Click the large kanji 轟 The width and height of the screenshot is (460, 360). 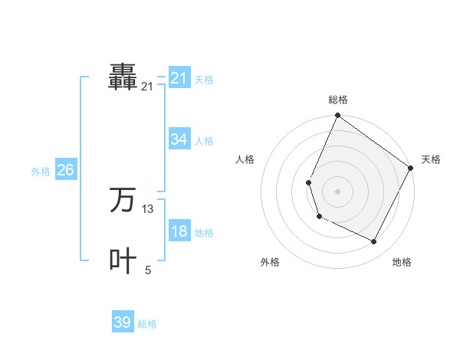[123, 77]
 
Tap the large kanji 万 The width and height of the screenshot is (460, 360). [123, 200]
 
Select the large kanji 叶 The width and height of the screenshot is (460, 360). [123, 260]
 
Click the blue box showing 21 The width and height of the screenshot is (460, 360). [179, 78]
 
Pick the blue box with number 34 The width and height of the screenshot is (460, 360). [179, 139]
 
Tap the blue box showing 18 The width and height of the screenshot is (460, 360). [179, 231]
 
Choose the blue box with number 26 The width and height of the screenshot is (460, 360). [65, 170]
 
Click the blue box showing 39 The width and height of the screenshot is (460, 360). [123, 322]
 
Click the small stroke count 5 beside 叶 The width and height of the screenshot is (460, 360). [148, 270]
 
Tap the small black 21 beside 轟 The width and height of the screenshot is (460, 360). [147, 87]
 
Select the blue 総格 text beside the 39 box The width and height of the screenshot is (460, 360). [147, 324]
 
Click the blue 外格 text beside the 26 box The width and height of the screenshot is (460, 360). [41, 172]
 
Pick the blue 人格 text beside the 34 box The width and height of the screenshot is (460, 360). [204, 141]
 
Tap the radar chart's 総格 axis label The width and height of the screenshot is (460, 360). [337, 100]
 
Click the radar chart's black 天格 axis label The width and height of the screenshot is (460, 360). [431, 159]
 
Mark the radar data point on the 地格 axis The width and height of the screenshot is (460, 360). [374, 242]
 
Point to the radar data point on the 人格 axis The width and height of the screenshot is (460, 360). [308, 182]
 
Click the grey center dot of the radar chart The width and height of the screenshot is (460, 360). [337, 191]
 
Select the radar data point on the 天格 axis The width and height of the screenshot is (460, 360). [410, 169]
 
